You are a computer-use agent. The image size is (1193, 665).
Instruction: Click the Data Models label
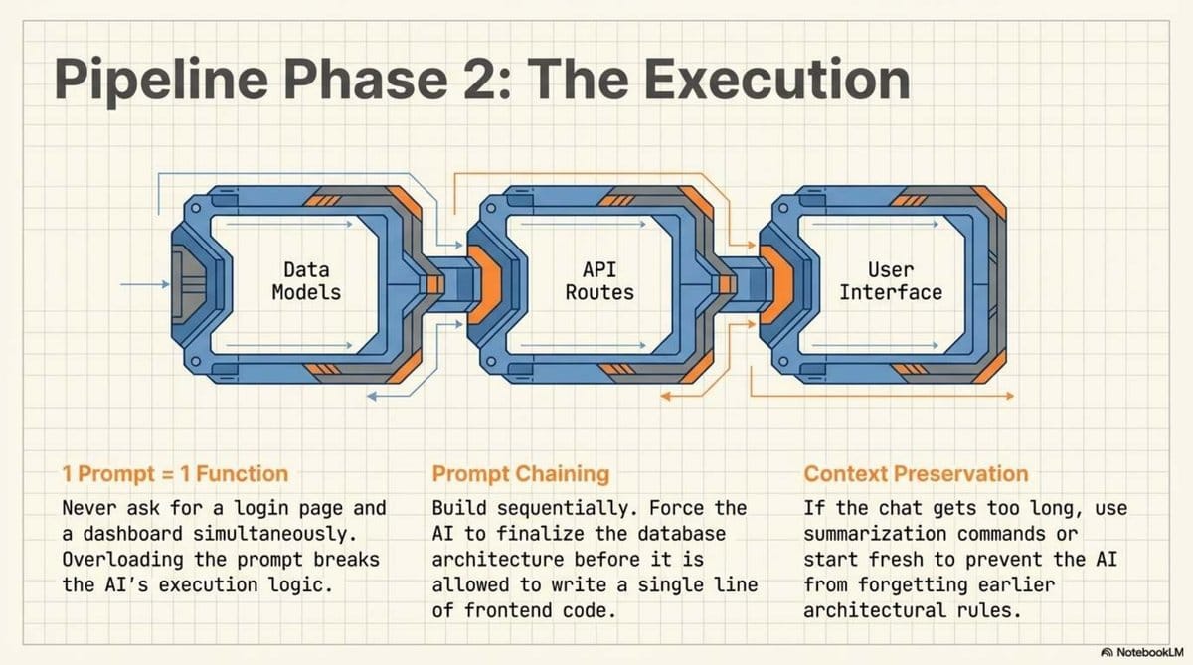(306, 280)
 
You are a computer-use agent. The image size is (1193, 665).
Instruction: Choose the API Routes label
(599, 280)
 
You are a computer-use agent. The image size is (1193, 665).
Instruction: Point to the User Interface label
(891, 280)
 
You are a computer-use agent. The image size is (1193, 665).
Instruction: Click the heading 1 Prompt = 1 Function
(175, 474)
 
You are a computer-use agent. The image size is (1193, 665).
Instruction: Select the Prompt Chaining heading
(521, 474)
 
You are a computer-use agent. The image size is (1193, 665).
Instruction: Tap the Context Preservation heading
(916, 474)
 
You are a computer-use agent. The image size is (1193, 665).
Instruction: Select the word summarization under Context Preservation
(867, 533)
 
